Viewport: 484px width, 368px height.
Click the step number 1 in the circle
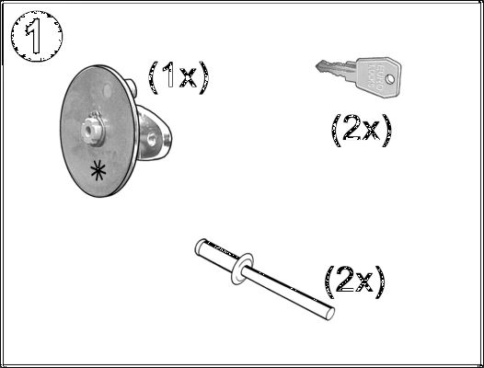(x=35, y=36)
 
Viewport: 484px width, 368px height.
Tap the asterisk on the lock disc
(x=98, y=171)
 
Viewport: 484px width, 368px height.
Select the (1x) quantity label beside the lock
(x=179, y=77)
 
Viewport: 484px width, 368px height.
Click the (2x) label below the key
(x=362, y=131)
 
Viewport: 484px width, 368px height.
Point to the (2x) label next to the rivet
(x=355, y=282)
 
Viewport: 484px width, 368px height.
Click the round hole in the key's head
(x=390, y=79)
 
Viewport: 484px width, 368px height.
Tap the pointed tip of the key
(x=317, y=65)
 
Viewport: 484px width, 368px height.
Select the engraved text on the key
(x=376, y=77)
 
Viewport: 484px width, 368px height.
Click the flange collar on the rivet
(x=242, y=269)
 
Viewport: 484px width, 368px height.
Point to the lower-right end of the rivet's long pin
(x=330, y=314)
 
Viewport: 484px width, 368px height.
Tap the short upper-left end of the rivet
(x=201, y=246)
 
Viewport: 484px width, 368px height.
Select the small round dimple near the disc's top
(x=108, y=90)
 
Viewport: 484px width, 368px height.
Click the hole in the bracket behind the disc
(x=151, y=139)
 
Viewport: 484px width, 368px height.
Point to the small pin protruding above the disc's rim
(x=131, y=86)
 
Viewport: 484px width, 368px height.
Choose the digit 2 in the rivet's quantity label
(x=345, y=280)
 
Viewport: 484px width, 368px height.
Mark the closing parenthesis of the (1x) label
(x=204, y=77)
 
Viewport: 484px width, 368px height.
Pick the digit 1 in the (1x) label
(x=168, y=75)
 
